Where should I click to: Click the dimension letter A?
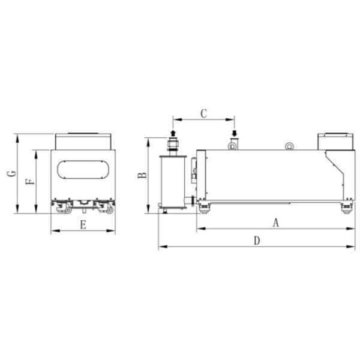click(276, 223)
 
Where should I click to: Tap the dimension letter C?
click(203, 112)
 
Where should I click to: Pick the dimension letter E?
click(83, 225)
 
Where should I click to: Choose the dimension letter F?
click(31, 178)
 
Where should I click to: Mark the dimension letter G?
click(10, 173)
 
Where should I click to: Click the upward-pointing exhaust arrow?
click(173, 132)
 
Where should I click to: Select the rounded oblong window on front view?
click(83, 170)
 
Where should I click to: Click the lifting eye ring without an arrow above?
click(289, 145)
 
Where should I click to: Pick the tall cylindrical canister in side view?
click(173, 180)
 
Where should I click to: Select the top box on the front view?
click(83, 141)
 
